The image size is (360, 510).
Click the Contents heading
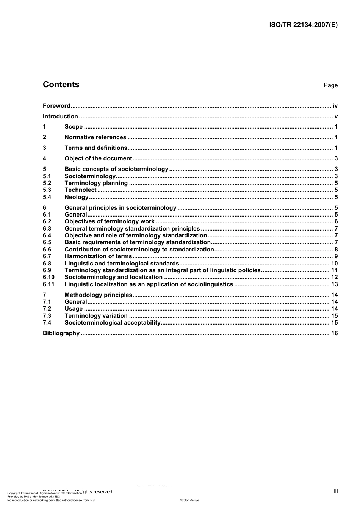click(x=61, y=85)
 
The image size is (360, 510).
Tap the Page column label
click(x=330, y=85)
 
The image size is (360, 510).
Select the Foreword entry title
click(x=56, y=106)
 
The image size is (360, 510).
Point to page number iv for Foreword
click(x=335, y=106)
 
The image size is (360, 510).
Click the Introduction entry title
click(x=60, y=116)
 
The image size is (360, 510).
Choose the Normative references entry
click(x=95, y=137)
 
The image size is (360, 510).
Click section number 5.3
click(x=47, y=190)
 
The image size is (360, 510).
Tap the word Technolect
click(x=80, y=190)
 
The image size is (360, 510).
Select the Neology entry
click(x=76, y=197)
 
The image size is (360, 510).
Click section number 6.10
click(x=49, y=277)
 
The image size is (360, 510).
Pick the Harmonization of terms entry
click(x=98, y=256)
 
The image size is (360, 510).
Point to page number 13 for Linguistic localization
click(x=334, y=284)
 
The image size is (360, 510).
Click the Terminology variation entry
click(x=96, y=316)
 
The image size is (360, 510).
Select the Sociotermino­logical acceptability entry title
click(x=113, y=323)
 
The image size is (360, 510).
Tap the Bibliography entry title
click(x=61, y=333)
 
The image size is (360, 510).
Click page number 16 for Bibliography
click(x=334, y=333)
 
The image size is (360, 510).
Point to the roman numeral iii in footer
click(x=336, y=491)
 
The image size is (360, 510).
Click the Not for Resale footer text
click(x=189, y=500)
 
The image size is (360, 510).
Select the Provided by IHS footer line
click(x=34, y=496)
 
